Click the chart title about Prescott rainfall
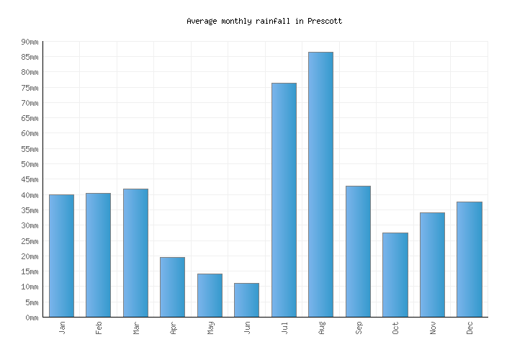264,22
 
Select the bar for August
320,184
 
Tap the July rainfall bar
284,199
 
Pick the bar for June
246,300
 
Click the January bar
61,256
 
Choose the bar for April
172,287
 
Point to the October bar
395,274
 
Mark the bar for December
469,259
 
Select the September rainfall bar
358,251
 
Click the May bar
210,295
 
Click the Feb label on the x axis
99,328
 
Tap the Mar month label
136,328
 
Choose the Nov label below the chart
433,328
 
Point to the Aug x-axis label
321,328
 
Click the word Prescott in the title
324,22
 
